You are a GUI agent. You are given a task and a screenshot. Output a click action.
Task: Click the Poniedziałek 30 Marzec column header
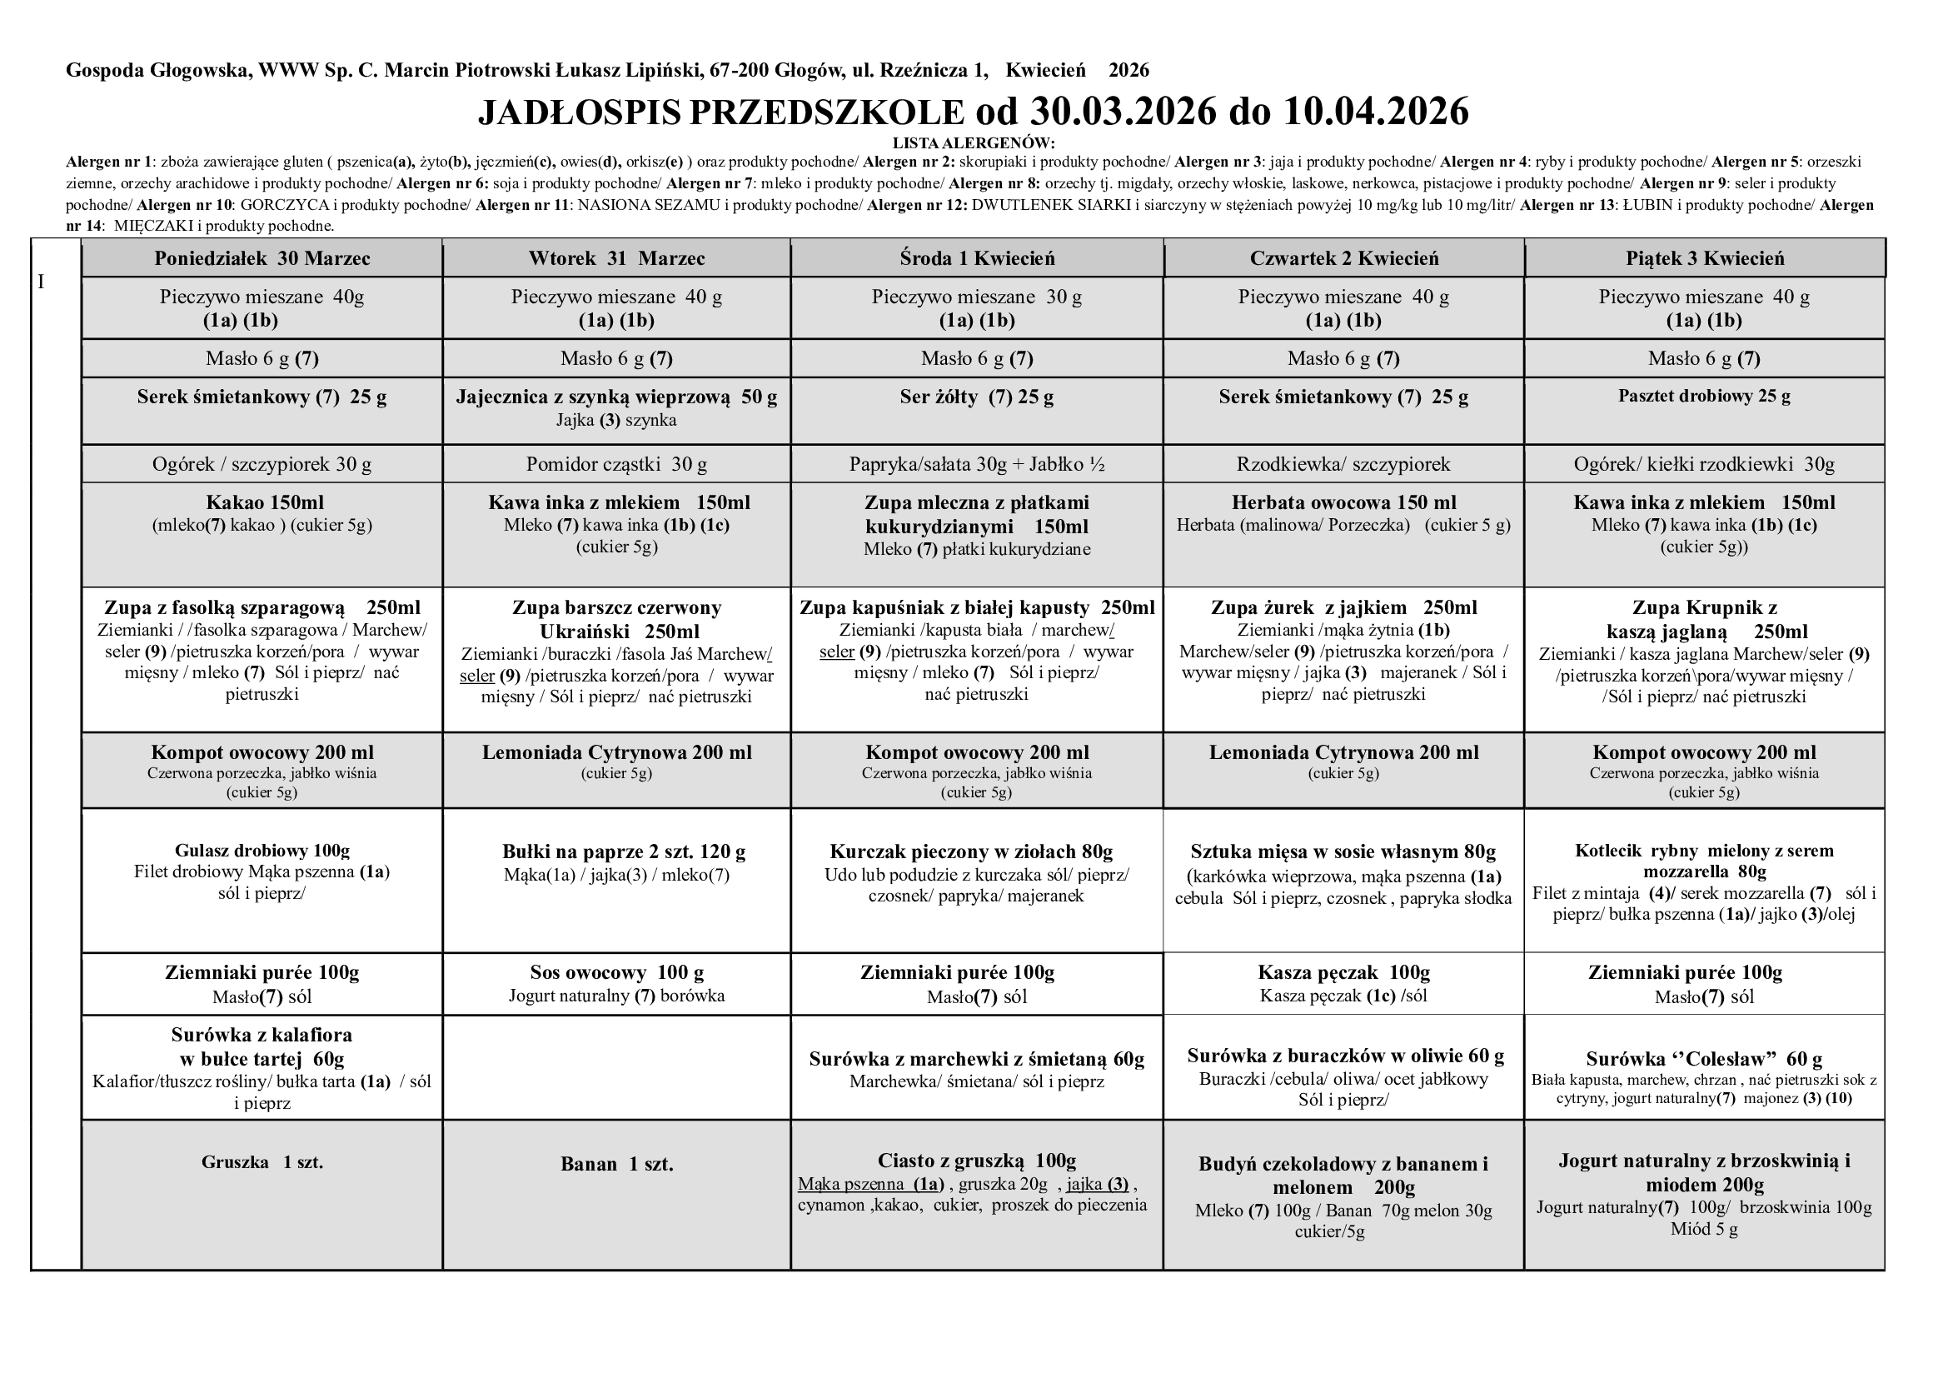pyautogui.click(x=262, y=259)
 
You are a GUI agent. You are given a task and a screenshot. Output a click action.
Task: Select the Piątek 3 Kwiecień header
pyautogui.click(x=1705, y=259)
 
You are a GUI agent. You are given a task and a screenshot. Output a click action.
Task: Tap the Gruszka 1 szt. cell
pyautogui.click(x=262, y=1162)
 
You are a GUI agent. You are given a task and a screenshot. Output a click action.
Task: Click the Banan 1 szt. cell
pyautogui.click(x=617, y=1164)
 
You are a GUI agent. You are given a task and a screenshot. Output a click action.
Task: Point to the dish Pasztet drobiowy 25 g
pyautogui.click(x=1705, y=397)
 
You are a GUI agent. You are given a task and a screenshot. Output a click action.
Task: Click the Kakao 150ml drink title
pyautogui.click(x=265, y=503)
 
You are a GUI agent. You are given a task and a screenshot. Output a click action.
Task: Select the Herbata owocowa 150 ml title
pyautogui.click(x=1344, y=503)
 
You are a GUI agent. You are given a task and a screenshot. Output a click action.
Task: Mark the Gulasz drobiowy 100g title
pyautogui.click(x=262, y=851)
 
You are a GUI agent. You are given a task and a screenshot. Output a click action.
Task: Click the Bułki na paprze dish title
pyautogui.click(x=625, y=852)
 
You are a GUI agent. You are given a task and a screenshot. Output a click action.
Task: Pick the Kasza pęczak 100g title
pyautogui.click(x=1344, y=972)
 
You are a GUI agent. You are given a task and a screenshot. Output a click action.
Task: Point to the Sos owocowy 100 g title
pyautogui.click(x=617, y=972)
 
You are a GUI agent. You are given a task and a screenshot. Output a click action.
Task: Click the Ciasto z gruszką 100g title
pyautogui.click(x=977, y=1161)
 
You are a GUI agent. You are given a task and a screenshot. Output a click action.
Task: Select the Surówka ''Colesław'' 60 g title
pyautogui.click(x=1705, y=1059)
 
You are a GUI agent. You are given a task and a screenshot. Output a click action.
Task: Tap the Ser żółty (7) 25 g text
pyautogui.click(x=977, y=397)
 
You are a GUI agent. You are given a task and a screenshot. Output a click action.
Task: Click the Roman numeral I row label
pyautogui.click(x=41, y=282)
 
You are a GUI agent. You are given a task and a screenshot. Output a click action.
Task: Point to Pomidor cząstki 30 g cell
pyautogui.click(x=617, y=465)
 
